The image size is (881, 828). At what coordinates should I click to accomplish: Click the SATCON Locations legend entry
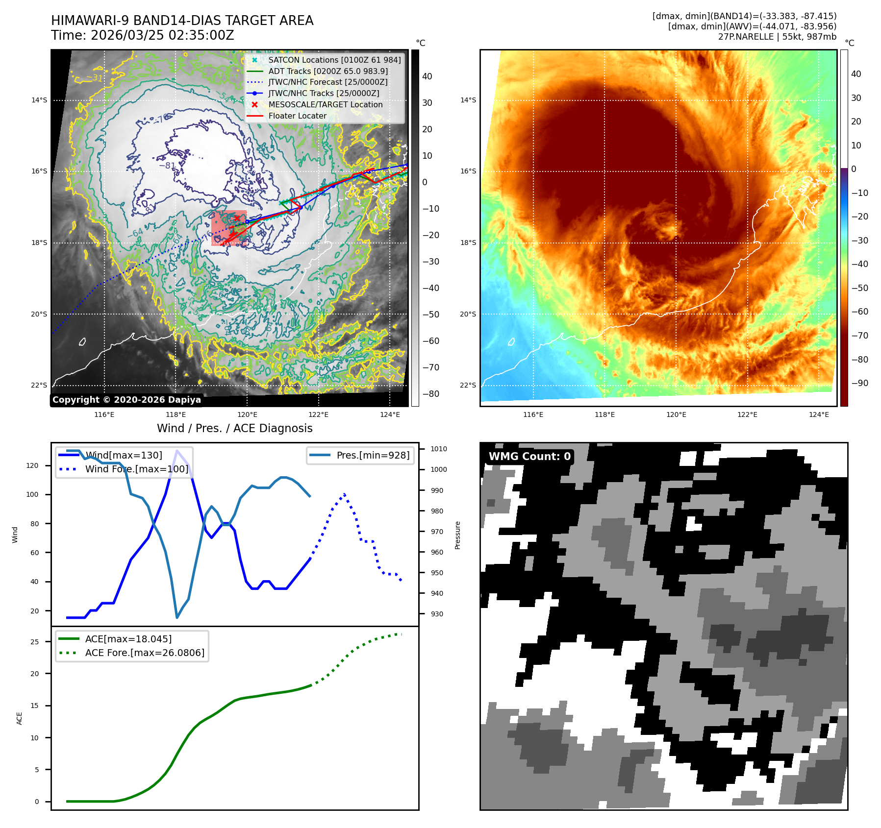(x=334, y=60)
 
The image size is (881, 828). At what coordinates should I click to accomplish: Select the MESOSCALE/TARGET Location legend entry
(x=325, y=104)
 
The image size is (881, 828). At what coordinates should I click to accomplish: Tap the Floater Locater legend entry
(x=297, y=116)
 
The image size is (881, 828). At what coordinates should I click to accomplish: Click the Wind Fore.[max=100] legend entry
(x=136, y=469)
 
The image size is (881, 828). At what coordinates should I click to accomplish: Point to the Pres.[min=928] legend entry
(x=373, y=455)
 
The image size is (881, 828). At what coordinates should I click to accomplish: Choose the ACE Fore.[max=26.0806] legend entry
(x=145, y=653)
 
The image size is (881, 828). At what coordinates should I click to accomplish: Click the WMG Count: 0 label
(x=529, y=456)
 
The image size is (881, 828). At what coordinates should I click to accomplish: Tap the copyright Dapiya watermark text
(x=126, y=400)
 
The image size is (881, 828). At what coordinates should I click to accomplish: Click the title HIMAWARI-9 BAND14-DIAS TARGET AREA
(x=182, y=21)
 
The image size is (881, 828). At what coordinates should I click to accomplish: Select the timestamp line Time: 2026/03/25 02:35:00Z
(x=142, y=35)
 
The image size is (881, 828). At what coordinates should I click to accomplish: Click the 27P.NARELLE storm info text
(x=777, y=37)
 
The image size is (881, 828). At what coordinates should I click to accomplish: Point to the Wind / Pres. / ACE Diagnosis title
(x=234, y=428)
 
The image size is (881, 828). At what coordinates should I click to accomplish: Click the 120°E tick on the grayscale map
(x=247, y=414)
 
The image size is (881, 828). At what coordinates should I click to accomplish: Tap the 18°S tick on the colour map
(x=468, y=243)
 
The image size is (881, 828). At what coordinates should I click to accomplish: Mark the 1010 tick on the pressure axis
(x=439, y=449)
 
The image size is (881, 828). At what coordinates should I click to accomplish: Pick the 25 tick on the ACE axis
(x=35, y=641)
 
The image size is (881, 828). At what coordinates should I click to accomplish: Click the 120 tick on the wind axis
(x=32, y=465)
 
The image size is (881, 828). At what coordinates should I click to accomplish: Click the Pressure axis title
(x=457, y=535)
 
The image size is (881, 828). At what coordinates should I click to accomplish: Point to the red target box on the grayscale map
(x=229, y=228)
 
